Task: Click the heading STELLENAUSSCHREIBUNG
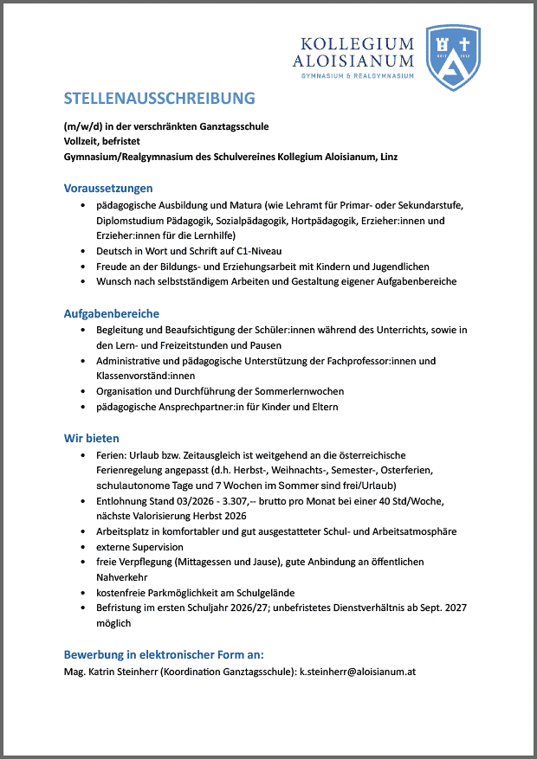pyautogui.click(x=159, y=97)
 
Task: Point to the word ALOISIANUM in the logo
pyautogui.click(x=353, y=61)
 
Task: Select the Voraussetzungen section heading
pyautogui.click(x=108, y=188)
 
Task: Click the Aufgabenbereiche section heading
pyautogui.click(x=112, y=313)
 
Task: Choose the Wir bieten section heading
pyautogui.click(x=92, y=439)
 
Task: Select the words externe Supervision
pyautogui.click(x=139, y=547)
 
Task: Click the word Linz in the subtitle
pyautogui.click(x=389, y=157)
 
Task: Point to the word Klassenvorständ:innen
pyautogui.click(x=146, y=376)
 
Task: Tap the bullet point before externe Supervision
pyautogui.click(x=82, y=548)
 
